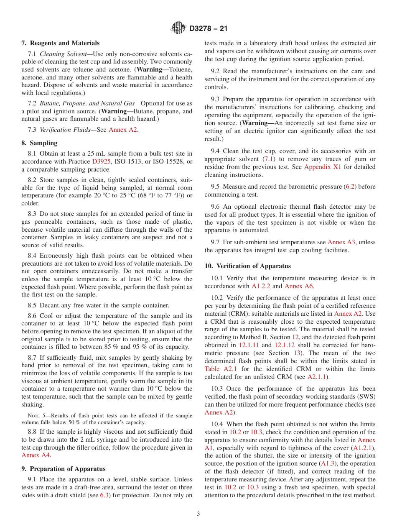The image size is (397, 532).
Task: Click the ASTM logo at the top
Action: (178, 28)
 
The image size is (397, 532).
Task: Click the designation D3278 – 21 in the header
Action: (208, 29)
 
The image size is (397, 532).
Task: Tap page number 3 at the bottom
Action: (198, 514)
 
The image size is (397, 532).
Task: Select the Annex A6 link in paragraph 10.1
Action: (298, 286)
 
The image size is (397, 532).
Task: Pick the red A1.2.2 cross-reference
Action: (261, 286)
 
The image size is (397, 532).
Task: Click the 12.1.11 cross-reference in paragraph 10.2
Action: (249, 345)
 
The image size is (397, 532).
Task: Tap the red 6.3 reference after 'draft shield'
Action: (104, 496)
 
